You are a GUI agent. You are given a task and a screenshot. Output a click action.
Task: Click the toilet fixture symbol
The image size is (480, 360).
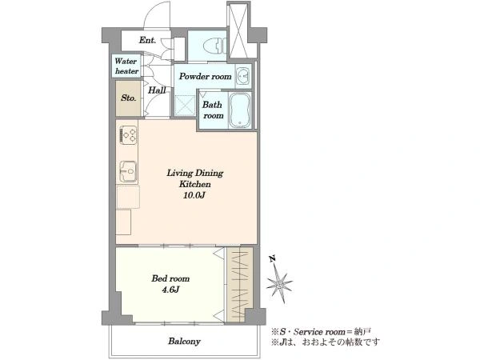click(215, 46)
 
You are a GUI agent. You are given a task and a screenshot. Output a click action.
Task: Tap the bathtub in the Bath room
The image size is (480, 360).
click(240, 110)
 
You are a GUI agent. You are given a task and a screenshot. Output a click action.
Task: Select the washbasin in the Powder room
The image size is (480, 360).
click(243, 76)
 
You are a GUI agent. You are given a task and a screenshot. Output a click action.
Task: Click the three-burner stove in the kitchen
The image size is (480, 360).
click(128, 134)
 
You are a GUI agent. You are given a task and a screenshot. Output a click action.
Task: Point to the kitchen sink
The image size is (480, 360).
click(128, 171)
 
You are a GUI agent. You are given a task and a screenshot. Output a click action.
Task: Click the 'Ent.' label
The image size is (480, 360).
click(147, 40)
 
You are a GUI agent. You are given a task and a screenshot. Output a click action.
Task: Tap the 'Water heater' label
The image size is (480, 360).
click(126, 66)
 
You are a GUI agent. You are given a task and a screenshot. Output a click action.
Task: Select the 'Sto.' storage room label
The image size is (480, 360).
click(128, 98)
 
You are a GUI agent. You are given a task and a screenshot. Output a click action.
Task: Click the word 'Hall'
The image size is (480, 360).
click(157, 90)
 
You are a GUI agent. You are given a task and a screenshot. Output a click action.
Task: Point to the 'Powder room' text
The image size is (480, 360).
click(205, 76)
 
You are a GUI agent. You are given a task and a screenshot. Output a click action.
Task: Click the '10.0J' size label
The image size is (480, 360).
click(194, 195)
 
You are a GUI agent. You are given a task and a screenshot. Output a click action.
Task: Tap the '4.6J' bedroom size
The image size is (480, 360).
click(170, 290)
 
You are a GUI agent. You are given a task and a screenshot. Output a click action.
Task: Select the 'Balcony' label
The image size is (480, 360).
click(184, 341)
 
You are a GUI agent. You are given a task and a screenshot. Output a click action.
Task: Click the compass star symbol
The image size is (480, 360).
click(279, 284)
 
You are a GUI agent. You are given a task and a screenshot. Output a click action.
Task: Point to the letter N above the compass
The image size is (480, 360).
click(272, 259)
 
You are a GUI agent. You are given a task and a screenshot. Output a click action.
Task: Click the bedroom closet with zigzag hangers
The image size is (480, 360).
click(240, 284)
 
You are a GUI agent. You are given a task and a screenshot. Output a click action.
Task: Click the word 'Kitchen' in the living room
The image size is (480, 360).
click(195, 184)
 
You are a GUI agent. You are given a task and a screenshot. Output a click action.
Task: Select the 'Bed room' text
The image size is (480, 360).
click(170, 278)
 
